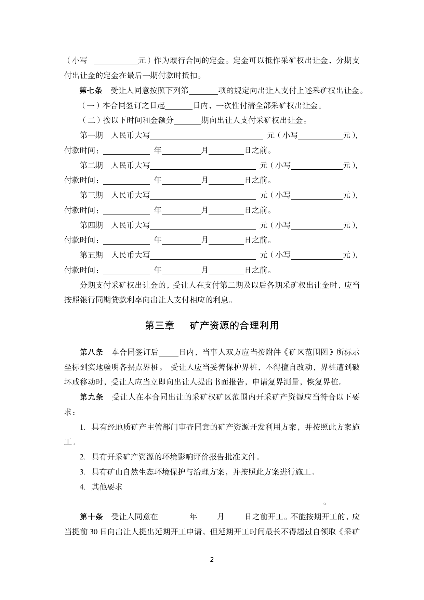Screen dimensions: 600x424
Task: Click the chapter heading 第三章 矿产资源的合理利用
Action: click(212, 325)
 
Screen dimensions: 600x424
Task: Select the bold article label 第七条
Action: click(91, 91)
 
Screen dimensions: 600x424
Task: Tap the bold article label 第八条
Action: click(91, 352)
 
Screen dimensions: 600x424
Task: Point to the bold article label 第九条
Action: click(91, 397)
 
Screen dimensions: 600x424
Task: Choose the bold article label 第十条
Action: click(91, 517)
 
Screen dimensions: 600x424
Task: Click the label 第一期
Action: click(91, 135)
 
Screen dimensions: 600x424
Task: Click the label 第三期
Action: click(91, 195)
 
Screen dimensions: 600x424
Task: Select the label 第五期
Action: click(91, 255)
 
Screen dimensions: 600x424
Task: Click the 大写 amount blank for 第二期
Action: click(203, 166)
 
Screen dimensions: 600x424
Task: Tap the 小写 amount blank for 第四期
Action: click(317, 226)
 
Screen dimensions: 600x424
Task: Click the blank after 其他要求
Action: click(234, 487)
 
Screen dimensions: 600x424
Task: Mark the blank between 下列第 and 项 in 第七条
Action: click(203, 91)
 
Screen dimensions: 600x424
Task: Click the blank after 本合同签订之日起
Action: click(179, 106)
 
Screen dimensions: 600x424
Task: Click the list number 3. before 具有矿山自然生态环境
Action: click(82, 472)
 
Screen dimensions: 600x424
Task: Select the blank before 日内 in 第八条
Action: click(169, 353)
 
